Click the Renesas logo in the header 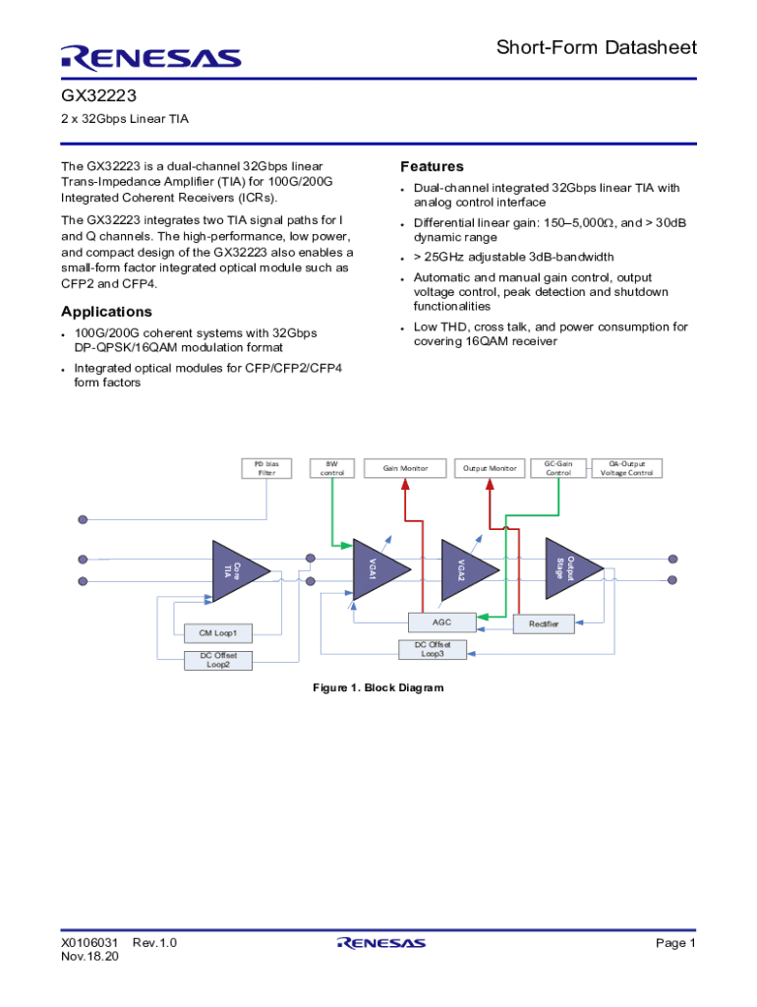150,57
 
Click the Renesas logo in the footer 381,942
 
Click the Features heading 432,166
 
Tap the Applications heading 106,312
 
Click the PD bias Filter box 266,468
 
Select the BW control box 332,468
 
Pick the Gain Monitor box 405,468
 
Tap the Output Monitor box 490,468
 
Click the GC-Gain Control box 557,468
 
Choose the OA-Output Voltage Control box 626,468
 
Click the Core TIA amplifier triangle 234,568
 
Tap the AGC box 442,622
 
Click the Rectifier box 544,624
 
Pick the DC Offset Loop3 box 433,649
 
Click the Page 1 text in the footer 675,943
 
